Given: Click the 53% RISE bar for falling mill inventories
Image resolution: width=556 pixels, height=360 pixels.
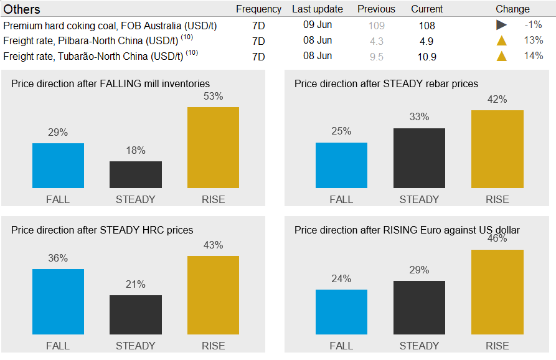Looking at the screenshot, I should (x=213, y=148).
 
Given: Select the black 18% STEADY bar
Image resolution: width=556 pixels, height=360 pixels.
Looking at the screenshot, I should (x=136, y=175).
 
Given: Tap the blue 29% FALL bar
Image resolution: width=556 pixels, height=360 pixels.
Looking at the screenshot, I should (x=58, y=166).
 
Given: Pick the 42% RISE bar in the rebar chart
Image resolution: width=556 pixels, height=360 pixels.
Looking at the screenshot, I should (x=497, y=149).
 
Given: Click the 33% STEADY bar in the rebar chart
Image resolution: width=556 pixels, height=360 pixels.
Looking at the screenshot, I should (x=419, y=158).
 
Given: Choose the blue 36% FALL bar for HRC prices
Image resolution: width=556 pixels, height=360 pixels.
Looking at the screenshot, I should (x=58, y=301).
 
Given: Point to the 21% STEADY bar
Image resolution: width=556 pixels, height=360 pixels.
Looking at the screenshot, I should (x=136, y=315).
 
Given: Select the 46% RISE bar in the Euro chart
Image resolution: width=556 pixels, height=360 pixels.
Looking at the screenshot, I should (x=497, y=292).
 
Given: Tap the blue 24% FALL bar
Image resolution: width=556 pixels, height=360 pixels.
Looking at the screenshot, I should (x=341, y=312).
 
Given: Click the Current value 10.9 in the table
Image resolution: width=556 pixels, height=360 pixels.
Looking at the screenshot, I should (x=427, y=57).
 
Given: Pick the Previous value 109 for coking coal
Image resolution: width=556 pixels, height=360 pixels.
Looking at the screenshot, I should (x=376, y=26).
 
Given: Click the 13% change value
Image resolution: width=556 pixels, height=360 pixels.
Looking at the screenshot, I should (x=534, y=40).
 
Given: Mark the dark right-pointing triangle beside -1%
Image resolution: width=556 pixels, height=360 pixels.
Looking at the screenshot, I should (x=501, y=26).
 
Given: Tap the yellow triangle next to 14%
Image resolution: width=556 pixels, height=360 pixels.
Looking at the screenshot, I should (x=501, y=56).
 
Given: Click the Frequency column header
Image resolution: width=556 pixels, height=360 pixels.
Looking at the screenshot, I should (x=258, y=9).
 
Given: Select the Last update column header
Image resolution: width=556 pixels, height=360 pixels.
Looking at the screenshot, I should (x=318, y=9).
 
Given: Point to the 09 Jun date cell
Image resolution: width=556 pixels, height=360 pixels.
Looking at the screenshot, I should (x=318, y=25).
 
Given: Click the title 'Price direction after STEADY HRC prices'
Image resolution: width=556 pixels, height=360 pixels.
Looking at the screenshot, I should (x=102, y=230).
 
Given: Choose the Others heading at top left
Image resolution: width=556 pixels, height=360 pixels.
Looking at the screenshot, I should (x=22, y=9).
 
